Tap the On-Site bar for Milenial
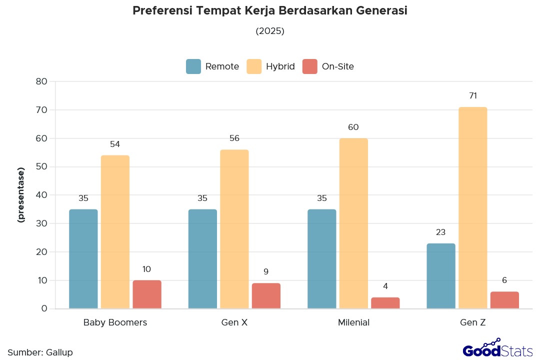coord(385,303)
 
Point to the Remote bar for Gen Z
coord(441,275)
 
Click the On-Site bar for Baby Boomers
coord(147,294)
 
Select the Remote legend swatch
coord(193,66)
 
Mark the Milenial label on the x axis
coord(353,322)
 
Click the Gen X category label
coord(234,322)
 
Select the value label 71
coord(473,95)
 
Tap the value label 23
coord(440,232)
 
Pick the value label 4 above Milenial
coord(385,286)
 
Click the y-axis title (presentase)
coord(21,195)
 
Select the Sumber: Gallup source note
coord(40,352)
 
